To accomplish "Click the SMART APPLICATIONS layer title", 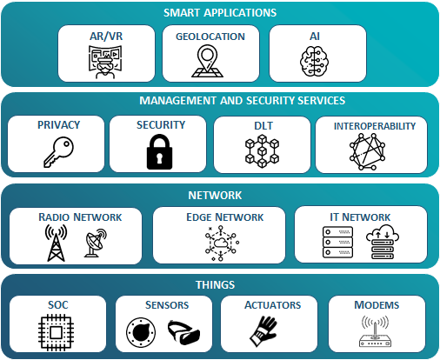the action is [x=220, y=13].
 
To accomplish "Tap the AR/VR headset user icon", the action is [x=105, y=62].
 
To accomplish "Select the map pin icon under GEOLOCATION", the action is [x=207, y=61].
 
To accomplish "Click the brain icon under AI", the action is [x=314, y=61].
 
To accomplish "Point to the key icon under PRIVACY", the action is [x=59, y=151].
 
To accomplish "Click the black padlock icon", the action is [x=159, y=151].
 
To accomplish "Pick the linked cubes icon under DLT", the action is [x=263, y=150].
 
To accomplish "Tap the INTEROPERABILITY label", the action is [x=375, y=126].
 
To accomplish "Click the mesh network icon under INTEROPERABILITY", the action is [x=367, y=151].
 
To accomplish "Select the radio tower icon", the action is [x=56, y=243].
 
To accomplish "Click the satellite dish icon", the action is [x=96, y=243].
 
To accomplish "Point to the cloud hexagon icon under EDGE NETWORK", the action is [x=222, y=243].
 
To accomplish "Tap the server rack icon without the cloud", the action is [x=338, y=243].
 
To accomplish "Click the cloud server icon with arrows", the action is [x=383, y=242].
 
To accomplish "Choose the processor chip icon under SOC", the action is [x=56, y=332].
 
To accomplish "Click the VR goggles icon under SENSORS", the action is [x=183, y=332].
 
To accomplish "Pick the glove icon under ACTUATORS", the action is [x=263, y=331].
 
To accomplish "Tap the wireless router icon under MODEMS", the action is [x=375, y=331].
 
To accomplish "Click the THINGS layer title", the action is [x=215, y=285].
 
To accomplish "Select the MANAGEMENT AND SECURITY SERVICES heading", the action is [x=243, y=101].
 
